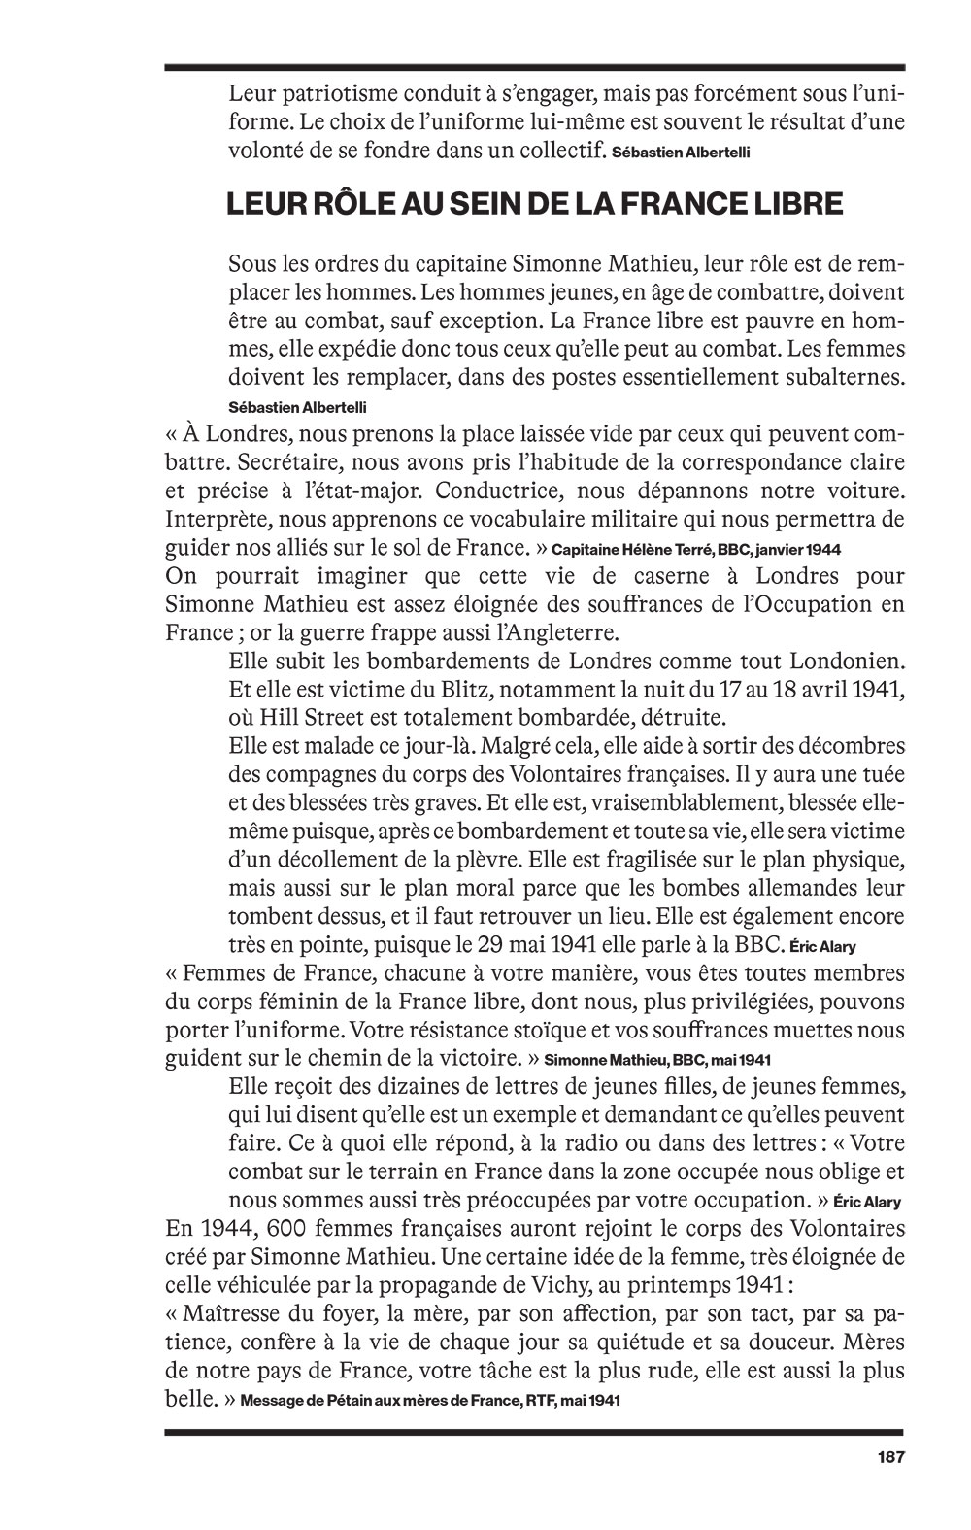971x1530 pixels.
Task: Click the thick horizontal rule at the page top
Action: coord(534,67)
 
